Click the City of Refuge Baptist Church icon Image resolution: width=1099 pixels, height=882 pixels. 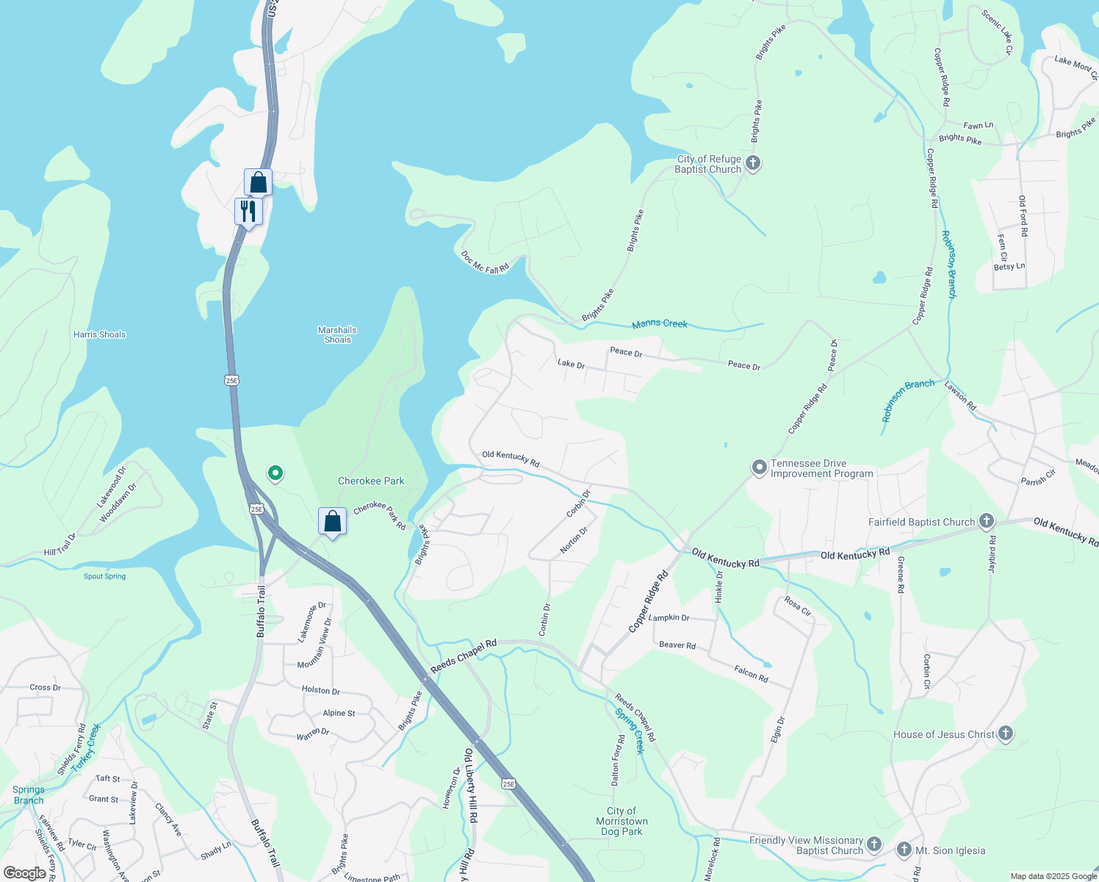(x=752, y=163)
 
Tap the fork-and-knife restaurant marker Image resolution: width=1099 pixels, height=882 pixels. (x=248, y=211)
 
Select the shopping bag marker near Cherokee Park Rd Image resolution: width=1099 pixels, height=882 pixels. (x=332, y=521)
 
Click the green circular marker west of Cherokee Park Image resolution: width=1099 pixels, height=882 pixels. (x=275, y=473)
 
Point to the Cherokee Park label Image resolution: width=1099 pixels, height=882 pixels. (x=371, y=481)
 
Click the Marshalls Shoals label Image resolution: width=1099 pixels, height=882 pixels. (x=337, y=334)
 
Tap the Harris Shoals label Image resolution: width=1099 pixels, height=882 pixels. (x=100, y=334)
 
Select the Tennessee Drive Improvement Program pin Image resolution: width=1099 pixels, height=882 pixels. (x=759, y=467)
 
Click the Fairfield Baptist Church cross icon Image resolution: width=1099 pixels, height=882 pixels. (x=986, y=522)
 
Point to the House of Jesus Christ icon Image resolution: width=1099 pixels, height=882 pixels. (x=1006, y=734)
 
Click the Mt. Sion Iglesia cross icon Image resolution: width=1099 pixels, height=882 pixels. (x=904, y=850)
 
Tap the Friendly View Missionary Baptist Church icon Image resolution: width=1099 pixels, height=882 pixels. (x=873, y=844)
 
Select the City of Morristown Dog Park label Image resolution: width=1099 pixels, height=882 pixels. (x=621, y=821)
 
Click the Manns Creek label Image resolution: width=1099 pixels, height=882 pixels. (x=660, y=323)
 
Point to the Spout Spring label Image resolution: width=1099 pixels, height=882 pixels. (x=104, y=576)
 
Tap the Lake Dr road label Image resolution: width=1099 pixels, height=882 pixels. (x=571, y=364)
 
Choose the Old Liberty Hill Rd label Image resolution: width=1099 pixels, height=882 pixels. (x=470, y=785)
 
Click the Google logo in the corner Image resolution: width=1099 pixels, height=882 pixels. (x=25, y=872)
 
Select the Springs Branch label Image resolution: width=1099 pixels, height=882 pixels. (x=29, y=795)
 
